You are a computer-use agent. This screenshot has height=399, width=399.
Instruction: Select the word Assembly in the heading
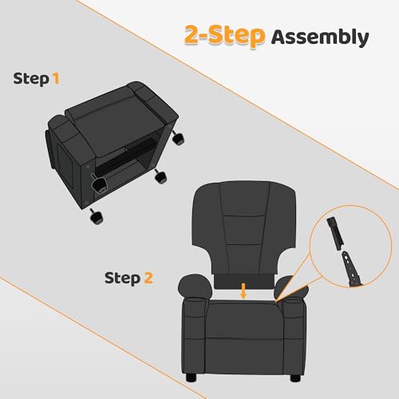(319, 37)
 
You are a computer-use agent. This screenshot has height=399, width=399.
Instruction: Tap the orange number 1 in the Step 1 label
(55, 78)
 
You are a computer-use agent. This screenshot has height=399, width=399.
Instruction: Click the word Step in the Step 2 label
(122, 278)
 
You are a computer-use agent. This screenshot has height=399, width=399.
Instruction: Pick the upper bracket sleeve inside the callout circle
(334, 231)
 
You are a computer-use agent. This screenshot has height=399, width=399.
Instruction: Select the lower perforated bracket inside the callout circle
(351, 267)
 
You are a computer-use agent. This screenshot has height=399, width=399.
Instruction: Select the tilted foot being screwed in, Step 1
(101, 185)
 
